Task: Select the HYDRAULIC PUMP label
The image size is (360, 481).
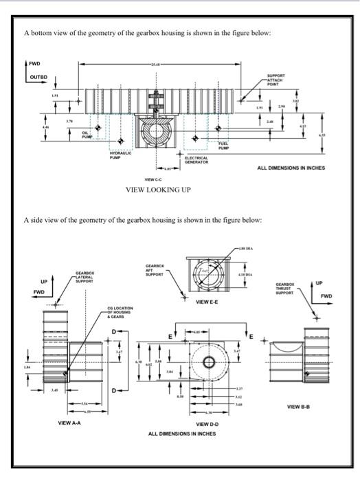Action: point(121,156)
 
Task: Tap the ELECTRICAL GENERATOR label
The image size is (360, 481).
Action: point(197,159)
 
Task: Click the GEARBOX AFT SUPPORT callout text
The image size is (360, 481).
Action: point(155,269)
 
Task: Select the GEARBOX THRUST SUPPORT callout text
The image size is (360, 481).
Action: point(286,287)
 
